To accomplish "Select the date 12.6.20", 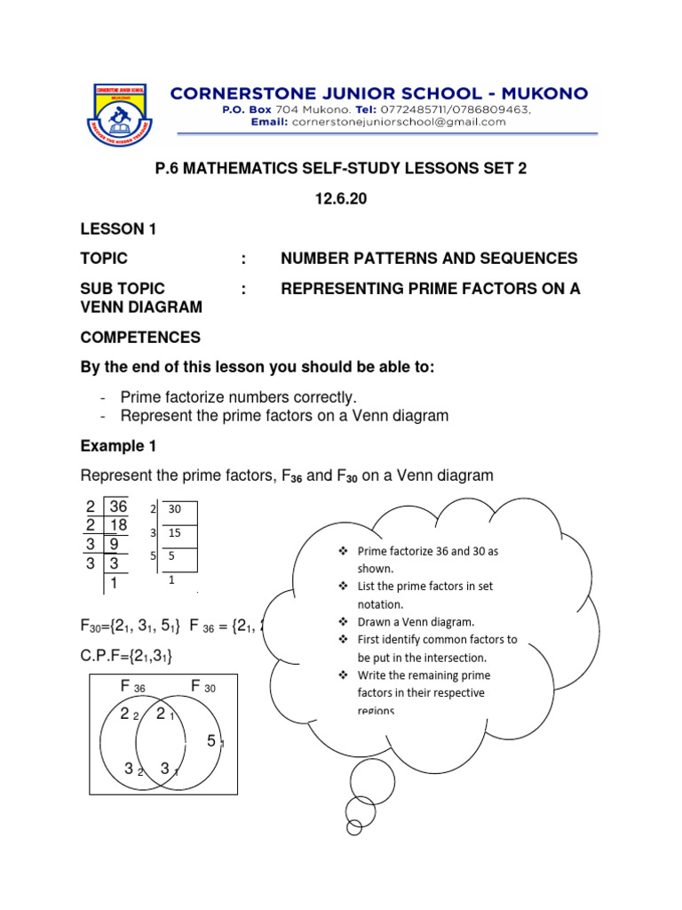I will click(x=340, y=199).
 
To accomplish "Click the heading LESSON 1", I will click(x=118, y=229).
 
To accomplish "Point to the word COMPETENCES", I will click(x=140, y=338).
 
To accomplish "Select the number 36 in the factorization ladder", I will click(x=118, y=507).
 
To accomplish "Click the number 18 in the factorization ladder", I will click(x=118, y=525).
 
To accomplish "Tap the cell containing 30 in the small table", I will click(x=174, y=510).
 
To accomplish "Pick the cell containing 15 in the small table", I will click(x=176, y=533).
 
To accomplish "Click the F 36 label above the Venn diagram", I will click(x=132, y=686).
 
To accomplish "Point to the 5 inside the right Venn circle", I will click(x=211, y=740).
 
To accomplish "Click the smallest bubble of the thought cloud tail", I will click(x=354, y=827).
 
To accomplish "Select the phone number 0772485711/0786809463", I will click(x=461, y=109).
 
